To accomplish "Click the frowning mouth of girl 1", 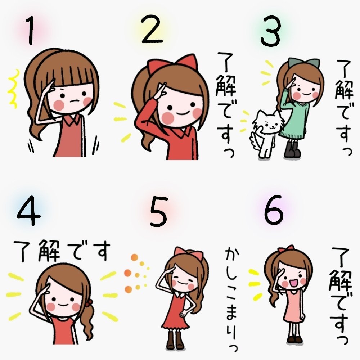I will pos(73,102).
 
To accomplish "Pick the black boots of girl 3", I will pos(292,149).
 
